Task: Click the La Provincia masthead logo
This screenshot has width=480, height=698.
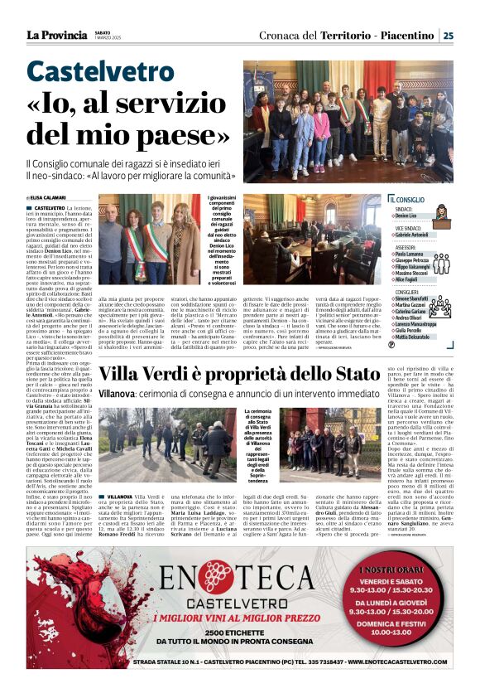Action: click(56, 35)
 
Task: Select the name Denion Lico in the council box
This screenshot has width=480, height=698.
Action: click(406, 216)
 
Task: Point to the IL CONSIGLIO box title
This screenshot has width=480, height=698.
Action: click(407, 199)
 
